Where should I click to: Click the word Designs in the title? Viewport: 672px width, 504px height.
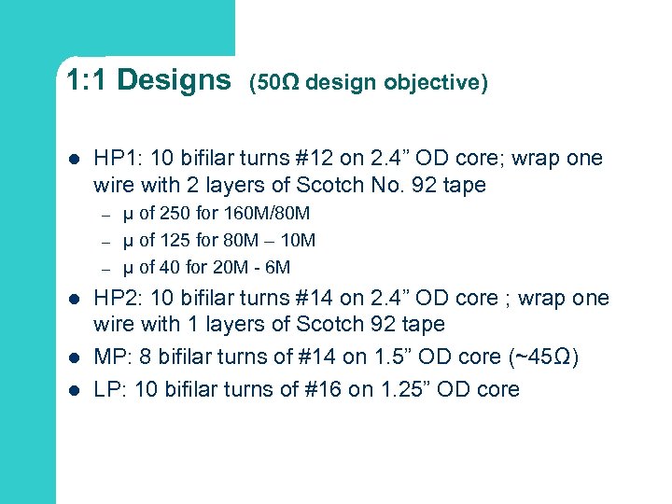tap(175, 80)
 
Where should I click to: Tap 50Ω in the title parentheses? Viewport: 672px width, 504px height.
tap(278, 83)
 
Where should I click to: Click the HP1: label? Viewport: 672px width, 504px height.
tap(117, 159)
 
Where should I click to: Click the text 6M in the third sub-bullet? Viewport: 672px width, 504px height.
tap(277, 267)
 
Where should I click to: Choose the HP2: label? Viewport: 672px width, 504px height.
tap(117, 299)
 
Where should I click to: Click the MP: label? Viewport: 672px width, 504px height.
tap(109, 357)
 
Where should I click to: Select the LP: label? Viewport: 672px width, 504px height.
tap(108, 389)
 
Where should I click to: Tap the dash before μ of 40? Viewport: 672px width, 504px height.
tap(106, 268)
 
